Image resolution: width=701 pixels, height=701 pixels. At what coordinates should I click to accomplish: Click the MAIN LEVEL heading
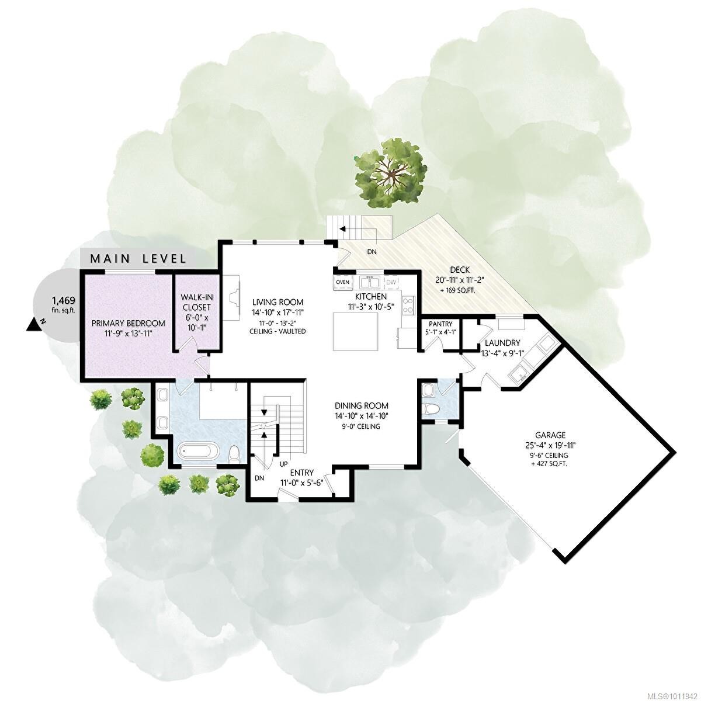point(138,258)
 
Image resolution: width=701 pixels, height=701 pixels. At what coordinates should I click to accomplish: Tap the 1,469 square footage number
point(63,301)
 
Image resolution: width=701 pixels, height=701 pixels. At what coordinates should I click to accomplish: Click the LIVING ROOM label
point(278,302)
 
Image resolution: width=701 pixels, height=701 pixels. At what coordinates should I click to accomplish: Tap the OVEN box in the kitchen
point(342,283)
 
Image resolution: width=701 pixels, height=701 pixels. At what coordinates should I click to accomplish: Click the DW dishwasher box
point(391,283)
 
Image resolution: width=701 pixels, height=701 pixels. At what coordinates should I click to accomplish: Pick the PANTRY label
point(441,324)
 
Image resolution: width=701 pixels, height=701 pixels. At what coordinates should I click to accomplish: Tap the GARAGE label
point(550,435)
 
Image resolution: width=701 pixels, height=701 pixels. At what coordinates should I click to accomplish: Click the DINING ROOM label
point(361,406)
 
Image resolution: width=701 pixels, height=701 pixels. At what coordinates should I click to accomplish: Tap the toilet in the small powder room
point(431,408)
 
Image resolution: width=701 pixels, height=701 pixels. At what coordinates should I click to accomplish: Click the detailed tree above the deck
point(389,172)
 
